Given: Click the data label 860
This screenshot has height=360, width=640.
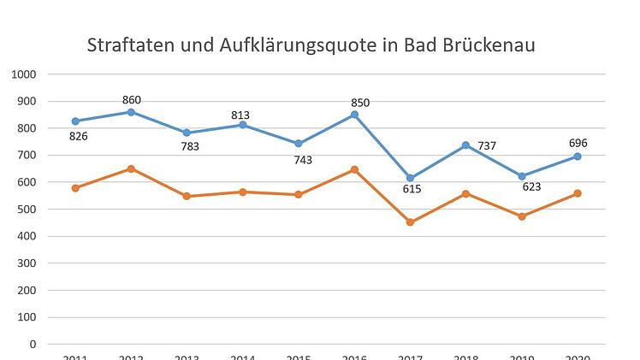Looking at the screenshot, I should (x=131, y=100).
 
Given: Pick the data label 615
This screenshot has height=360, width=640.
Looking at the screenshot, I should (x=412, y=189).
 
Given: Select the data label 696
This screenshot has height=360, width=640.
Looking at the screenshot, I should (x=579, y=144).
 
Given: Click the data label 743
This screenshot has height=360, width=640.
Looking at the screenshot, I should (x=302, y=160).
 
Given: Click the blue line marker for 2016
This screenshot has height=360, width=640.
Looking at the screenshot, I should (x=354, y=115).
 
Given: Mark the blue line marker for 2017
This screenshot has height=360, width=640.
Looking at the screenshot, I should (x=411, y=178).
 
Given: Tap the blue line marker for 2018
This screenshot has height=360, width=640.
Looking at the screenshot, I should (x=466, y=145).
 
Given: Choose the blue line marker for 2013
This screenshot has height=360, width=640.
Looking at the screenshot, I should (x=187, y=133).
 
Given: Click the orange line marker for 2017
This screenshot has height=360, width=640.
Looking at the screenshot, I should (x=411, y=222).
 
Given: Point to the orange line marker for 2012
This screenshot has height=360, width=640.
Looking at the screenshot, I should (x=131, y=168).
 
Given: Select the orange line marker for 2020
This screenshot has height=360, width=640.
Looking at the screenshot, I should (x=578, y=193).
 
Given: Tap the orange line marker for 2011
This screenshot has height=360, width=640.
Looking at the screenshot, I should (x=75, y=188).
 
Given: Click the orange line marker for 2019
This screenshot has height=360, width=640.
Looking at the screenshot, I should (x=522, y=216).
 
